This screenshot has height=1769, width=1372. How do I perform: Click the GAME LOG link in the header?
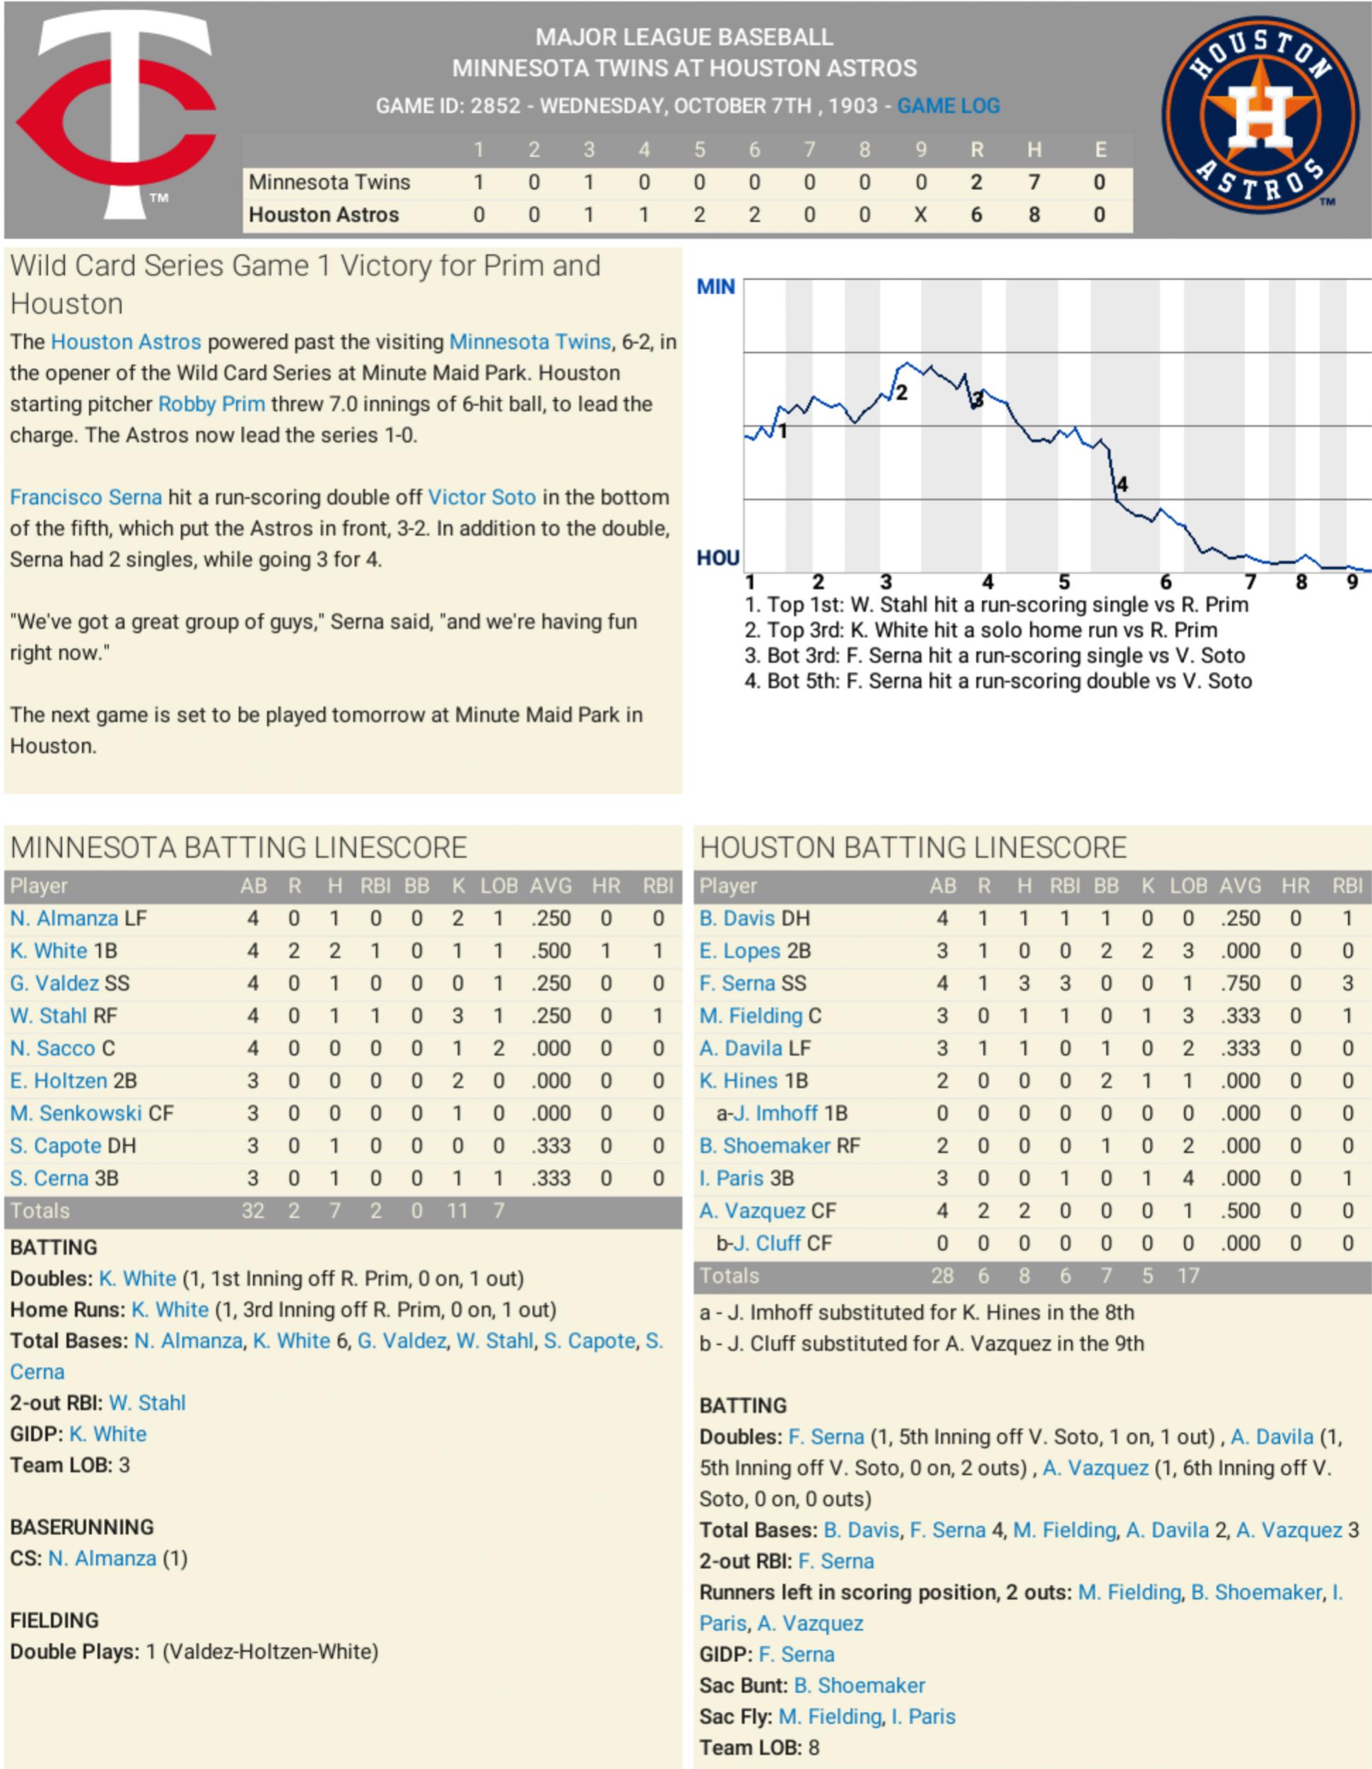pyautogui.click(x=948, y=106)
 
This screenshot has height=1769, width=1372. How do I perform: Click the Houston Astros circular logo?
pyautogui.click(x=1260, y=115)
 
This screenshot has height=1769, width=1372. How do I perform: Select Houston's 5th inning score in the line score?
pyautogui.click(x=699, y=216)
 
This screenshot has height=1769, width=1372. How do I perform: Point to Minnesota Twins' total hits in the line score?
pyautogui.click(x=1033, y=182)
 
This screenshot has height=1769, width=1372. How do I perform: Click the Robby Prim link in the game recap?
pyautogui.click(x=211, y=404)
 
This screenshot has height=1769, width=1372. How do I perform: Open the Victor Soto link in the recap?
pyautogui.click(x=481, y=498)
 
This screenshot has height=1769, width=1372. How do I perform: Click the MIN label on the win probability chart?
pyautogui.click(x=715, y=287)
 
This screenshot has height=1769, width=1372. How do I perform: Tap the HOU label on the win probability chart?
pyautogui.click(x=717, y=558)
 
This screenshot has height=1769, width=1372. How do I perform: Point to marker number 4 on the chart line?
pyautogui.click(x=1122, y=484)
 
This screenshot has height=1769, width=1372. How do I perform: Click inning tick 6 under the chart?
pyautogui.click(x=1166, y=582)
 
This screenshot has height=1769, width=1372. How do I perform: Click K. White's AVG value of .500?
pyautogui.click(x=551, y=951)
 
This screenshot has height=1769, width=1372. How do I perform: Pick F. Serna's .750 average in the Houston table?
pyautogui.click(x=1240, y=983)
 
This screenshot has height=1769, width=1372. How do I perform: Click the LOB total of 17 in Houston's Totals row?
pyautogui.click(x=1188, y=1276)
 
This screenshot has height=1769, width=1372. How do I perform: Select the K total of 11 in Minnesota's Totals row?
pyautogui.click(x=457, y=1211)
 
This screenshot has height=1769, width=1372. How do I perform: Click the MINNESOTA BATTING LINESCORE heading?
pyautogui.click(x=238, y=848)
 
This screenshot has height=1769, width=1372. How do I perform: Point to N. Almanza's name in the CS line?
pyautogui.click(x=102, y=1558)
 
